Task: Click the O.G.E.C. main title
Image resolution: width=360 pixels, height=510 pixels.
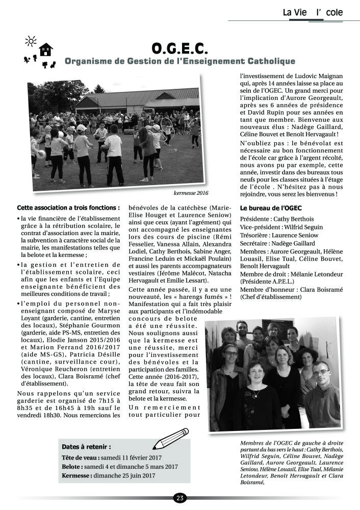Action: [x=179, y=48]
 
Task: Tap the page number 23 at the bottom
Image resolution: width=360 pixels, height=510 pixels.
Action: [x=179, y=498]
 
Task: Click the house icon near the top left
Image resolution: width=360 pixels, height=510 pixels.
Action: [x=46, y=49]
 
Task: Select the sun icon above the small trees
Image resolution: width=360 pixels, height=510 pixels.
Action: [x=31, y=41]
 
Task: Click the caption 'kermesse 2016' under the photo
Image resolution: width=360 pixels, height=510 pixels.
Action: [x=191, y=193]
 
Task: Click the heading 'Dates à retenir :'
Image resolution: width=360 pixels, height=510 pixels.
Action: [x=86, y=446]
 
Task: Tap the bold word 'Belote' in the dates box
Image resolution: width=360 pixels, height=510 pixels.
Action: [x=72, y=466]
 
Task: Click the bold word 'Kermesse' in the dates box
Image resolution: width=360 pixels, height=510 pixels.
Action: [x=76, y=475]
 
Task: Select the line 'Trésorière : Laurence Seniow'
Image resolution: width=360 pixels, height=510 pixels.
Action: [x=278, y=235]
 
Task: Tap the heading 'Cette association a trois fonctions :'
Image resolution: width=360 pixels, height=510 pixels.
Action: [x=68, y=208]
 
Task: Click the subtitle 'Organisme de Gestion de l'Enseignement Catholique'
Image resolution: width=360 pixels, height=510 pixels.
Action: [x=179, y=62]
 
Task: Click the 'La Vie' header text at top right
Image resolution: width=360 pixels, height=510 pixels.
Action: [x=295, y=12]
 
